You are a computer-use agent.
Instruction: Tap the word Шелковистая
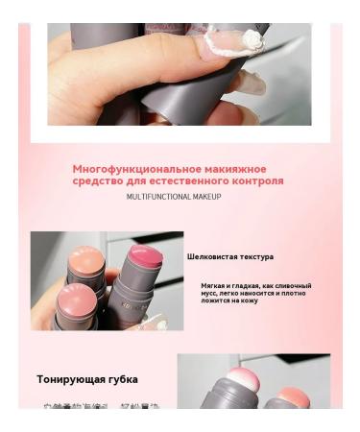(x=212, y=256)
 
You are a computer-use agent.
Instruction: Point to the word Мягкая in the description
(x=214, y=285)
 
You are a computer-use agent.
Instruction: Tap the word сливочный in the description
(x=292, y=285)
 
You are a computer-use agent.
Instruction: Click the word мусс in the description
(x=211, y=293)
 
